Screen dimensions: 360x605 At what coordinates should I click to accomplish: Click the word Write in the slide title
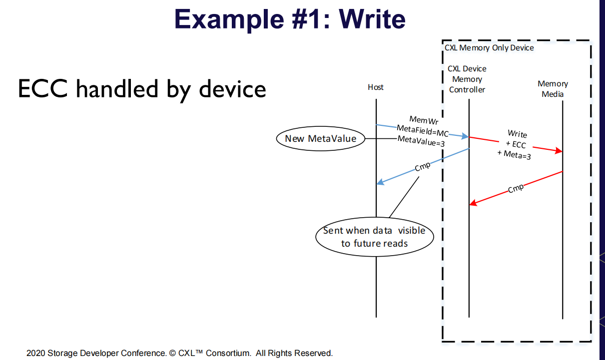click(372, 20)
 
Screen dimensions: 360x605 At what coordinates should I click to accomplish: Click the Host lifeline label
click(376, 87)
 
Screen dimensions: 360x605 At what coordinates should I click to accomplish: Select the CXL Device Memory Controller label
click(467, 79)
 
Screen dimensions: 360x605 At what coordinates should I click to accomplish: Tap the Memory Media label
click(553, 89)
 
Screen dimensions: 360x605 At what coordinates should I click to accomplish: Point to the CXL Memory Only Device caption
click(489, 48)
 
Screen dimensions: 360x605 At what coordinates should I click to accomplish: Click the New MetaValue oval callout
click(320, 138)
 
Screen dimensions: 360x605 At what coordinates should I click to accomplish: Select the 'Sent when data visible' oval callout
click(374, 237)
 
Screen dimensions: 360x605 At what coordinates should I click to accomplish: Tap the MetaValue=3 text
click(421, 142)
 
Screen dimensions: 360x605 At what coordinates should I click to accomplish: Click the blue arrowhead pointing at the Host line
click(380, 183)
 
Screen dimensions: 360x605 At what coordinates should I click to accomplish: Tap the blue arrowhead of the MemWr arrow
click(465, 136)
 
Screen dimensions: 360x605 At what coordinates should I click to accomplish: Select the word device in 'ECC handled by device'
click(232, 89)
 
